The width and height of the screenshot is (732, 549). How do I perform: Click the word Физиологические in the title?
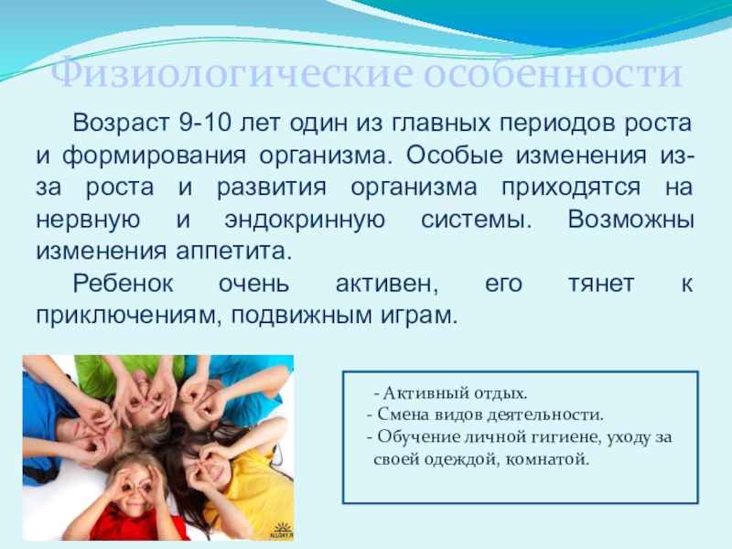pos(232,73)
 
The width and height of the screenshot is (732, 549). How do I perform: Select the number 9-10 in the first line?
pos(205,124)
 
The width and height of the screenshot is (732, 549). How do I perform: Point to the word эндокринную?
pos(305,221)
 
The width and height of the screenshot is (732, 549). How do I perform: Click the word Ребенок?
pos(124,284)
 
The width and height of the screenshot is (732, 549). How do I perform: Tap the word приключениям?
pos(128,316)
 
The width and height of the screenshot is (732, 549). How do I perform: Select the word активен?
pos(387,285)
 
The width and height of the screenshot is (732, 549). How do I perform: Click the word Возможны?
pos(630,220)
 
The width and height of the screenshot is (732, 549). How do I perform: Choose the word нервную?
pos(88,221)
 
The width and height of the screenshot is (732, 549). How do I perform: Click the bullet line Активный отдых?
pos(450,393)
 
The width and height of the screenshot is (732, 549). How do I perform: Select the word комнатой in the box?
pos(547,460)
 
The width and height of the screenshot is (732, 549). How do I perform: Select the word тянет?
pos(601,284)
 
